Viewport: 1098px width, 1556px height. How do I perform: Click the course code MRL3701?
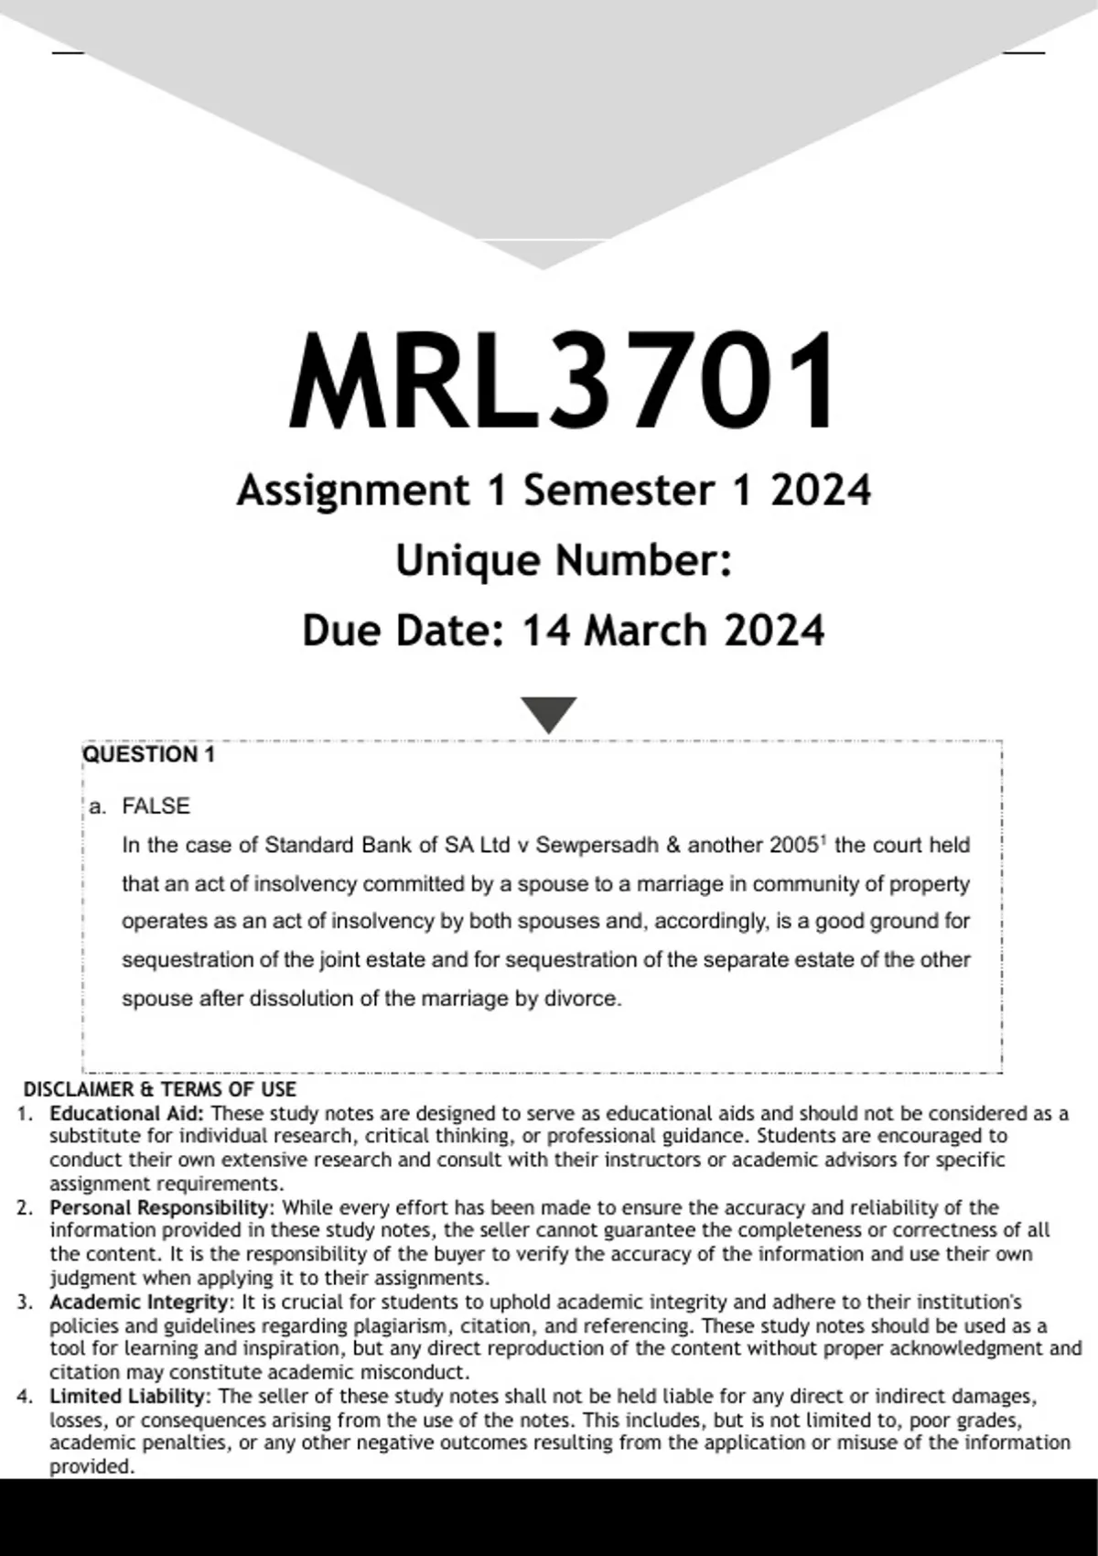click(562, 383)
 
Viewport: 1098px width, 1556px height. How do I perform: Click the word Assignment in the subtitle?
click(352, 490)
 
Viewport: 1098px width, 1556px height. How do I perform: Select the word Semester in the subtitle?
click(619, 490)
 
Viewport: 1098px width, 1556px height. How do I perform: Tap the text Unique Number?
click(564, 560)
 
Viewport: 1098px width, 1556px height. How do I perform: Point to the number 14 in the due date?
click(546, 631)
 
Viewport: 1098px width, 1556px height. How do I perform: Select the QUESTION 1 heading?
click(149, 754)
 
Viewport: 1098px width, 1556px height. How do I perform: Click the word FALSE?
click(156, 806)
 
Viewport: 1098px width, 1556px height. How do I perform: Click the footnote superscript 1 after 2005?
click(823, 838)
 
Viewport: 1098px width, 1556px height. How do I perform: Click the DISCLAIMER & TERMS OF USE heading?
click(159, 1089)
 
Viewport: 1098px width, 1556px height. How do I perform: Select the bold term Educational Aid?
click(127, 1114)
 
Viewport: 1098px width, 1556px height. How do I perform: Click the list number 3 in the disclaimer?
click(24, 1302)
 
